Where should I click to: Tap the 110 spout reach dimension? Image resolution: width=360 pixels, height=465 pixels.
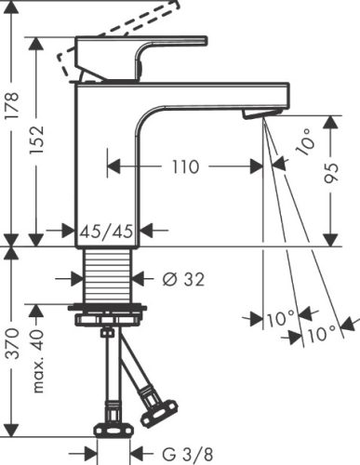[x=185, y=167]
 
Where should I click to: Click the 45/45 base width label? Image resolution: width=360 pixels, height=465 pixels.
[x=107, y=230]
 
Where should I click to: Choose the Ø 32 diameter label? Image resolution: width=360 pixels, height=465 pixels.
[x=183, y=278]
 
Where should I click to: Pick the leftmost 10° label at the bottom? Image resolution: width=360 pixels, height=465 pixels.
[x=278, y=319]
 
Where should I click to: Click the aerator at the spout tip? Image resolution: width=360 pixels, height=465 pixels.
[x=260, y=114]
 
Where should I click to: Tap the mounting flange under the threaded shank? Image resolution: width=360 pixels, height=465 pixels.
[x=107, y=311]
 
